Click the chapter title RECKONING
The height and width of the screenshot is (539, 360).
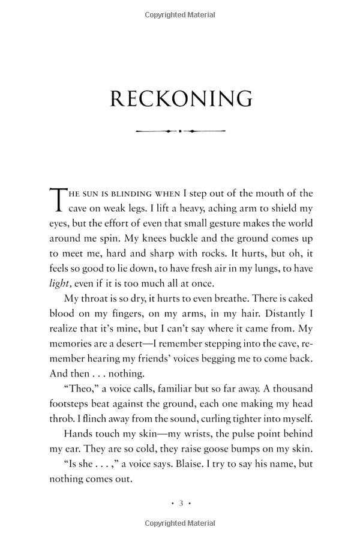(x=181, y=99)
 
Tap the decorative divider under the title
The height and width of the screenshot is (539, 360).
(x=181, y=131)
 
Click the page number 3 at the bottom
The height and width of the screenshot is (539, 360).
(x=181, y=503)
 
